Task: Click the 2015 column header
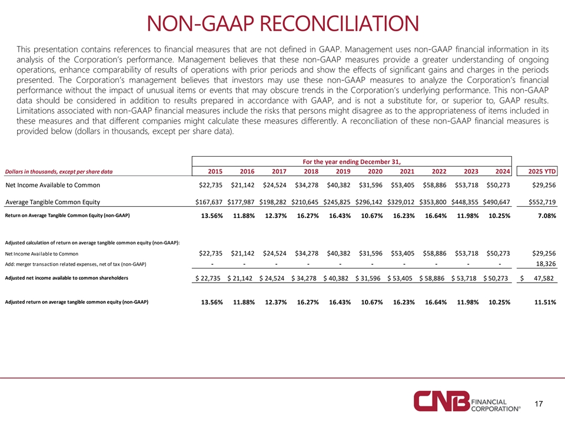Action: coord(215,171)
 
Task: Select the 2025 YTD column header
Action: coord(542,171)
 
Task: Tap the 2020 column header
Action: coord(375,171)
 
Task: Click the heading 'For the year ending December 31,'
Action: coord(352,162)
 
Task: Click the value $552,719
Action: coord(542,202)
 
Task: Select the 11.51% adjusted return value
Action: coord(545,302)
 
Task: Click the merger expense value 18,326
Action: coord(546,264)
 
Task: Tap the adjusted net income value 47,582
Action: coord(544,279)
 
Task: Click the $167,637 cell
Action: coord(208,202)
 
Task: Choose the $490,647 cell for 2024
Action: coord(497,202)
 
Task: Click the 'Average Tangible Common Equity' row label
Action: coord(52,202)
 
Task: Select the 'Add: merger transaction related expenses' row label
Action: coord(76,264)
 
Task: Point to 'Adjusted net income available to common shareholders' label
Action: coord(67,278)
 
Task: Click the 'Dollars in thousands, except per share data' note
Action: coord(59,171)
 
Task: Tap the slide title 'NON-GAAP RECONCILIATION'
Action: coord(283,24)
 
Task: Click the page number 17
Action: coord(539,404)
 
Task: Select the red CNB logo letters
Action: coord(442,401)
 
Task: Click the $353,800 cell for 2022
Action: coord(433,202)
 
